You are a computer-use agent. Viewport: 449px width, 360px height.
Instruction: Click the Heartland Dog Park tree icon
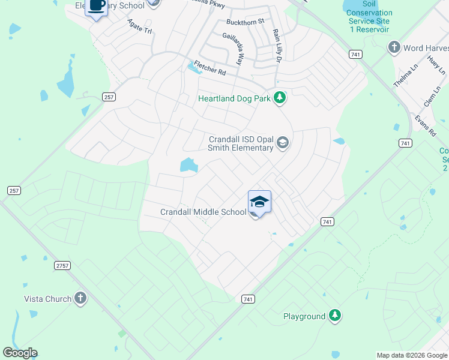[x=279, y=97]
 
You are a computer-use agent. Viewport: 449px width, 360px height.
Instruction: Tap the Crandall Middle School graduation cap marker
[x=259, y=202]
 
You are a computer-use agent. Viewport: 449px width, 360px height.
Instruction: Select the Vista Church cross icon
[x=81, y=299]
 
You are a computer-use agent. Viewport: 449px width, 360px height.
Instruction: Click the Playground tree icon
[x=335, y=316]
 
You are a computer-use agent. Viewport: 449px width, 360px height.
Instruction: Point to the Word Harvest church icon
[x=394, y=47]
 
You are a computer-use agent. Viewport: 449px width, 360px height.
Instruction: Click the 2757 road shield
[x=62, y=265]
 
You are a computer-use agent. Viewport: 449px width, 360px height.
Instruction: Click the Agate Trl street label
[x=140, y=26]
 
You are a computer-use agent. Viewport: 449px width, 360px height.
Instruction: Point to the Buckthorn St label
[x=245, y=22]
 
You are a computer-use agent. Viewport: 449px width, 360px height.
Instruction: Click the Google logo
[x=20, y=353]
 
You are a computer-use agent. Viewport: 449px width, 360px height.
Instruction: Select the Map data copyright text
[x=412, y=355]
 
